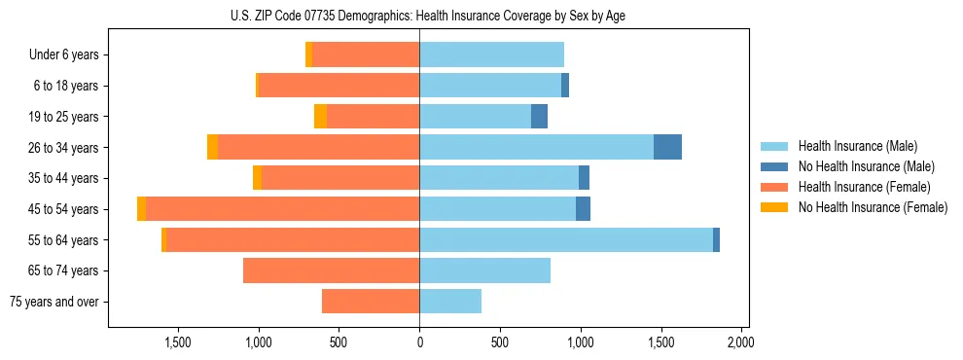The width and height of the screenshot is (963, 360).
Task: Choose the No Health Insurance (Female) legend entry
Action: tap(873, 207)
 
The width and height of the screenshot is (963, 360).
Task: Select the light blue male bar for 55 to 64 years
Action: tap(565, 239)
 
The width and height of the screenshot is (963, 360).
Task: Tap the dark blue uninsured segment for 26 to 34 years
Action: tap(667, 147)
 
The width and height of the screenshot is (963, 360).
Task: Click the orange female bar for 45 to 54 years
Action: tap(282, 209)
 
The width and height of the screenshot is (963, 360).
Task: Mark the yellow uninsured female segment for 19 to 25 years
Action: tap(320, 117)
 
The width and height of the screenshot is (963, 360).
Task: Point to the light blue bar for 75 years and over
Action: tap(450, 302)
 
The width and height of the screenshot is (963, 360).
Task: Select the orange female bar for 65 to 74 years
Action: tap(331, 270)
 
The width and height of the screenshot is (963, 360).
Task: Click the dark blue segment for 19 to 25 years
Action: tap(539, 117)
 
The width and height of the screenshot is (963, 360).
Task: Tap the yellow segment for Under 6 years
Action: tap(308, 55)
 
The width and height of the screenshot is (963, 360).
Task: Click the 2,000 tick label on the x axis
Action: tap(740, 342)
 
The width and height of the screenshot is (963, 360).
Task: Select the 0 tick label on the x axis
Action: tap(419, 342)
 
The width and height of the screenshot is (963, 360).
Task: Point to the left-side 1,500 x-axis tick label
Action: tap(178, 342)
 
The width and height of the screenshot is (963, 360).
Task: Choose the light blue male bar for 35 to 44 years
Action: tap(499, 178)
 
